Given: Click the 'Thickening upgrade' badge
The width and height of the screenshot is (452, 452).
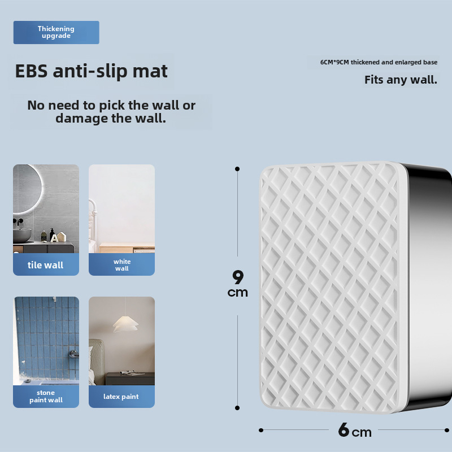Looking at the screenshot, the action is [56, 32].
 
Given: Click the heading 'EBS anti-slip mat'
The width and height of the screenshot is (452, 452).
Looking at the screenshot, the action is [91, 71].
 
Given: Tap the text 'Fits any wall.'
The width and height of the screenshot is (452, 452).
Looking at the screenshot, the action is [401, 80].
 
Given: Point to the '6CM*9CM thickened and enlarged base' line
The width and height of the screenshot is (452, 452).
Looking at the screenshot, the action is [379, 62].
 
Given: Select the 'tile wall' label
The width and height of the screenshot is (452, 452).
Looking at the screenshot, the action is [46, 265].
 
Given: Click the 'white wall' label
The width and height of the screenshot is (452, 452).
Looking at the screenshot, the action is [122, 265].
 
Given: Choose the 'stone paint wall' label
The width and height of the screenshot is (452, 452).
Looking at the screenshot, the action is [46, 397].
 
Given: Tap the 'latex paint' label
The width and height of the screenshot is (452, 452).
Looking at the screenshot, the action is [121, 397].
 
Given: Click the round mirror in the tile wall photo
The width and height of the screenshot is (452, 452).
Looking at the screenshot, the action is [27, 189].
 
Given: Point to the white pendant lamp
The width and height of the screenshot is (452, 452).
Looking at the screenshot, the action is [125, 324].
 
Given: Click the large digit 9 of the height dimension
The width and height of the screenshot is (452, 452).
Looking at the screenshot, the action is [238, 277].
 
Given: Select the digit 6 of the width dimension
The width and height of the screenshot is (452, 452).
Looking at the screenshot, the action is [344, 430].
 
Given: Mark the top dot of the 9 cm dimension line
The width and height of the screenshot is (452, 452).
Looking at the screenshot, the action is [237, 169].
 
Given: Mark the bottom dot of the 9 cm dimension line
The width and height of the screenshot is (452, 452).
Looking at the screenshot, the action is [237, 408].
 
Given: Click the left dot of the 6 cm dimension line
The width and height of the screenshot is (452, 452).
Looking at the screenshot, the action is [261, 430].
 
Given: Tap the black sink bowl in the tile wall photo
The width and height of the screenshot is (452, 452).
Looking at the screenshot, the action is [22, 235].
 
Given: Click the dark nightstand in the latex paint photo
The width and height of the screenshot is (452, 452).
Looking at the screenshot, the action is [130, 379].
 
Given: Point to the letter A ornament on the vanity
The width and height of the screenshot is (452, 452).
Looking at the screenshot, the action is [54, 238].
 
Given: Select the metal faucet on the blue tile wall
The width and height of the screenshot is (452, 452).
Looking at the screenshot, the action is [74, 354].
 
